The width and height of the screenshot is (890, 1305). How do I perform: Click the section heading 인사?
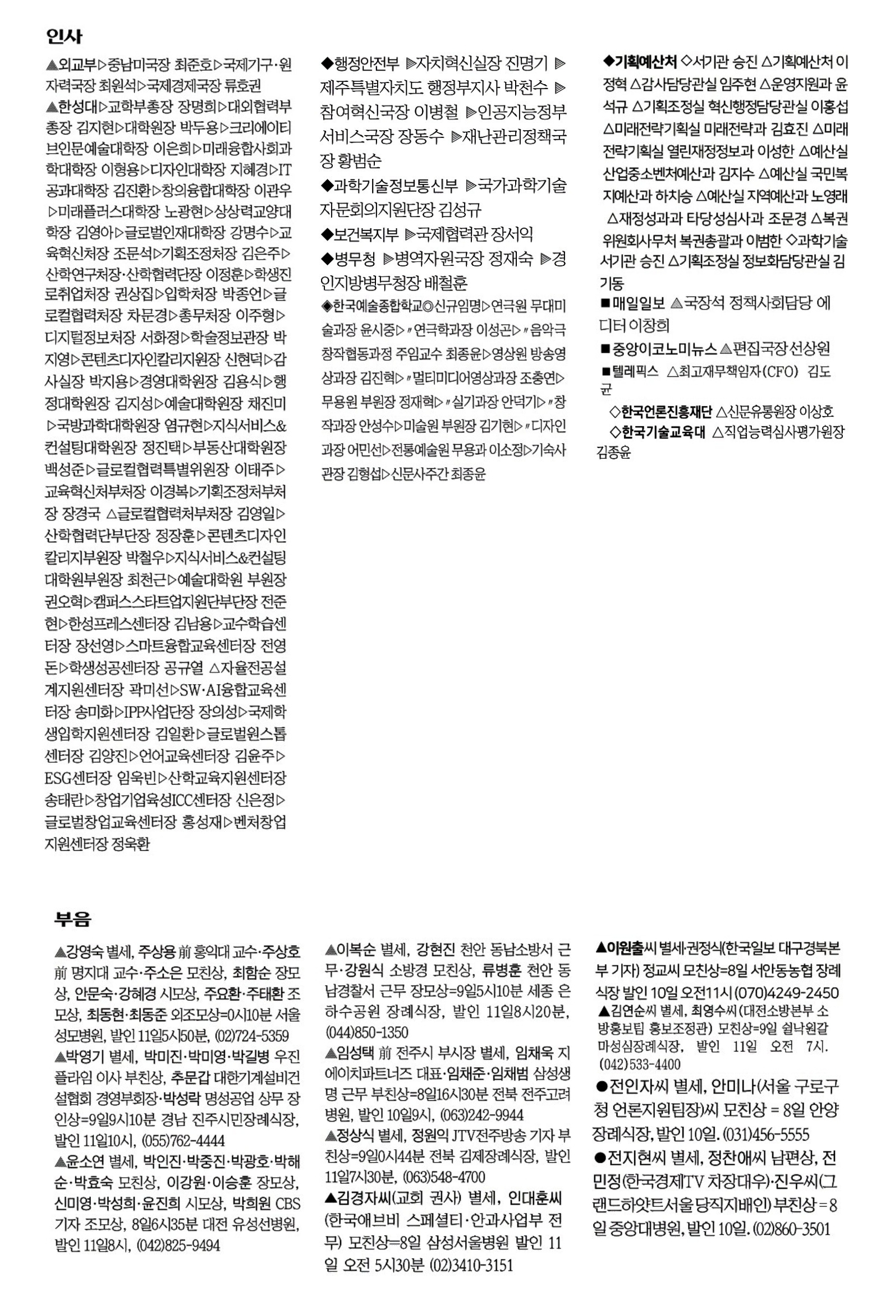pos(64,37)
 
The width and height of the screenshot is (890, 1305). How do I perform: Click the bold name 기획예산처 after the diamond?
pos(646,61)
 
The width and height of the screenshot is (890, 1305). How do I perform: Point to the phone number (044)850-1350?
pos(366,1032)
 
